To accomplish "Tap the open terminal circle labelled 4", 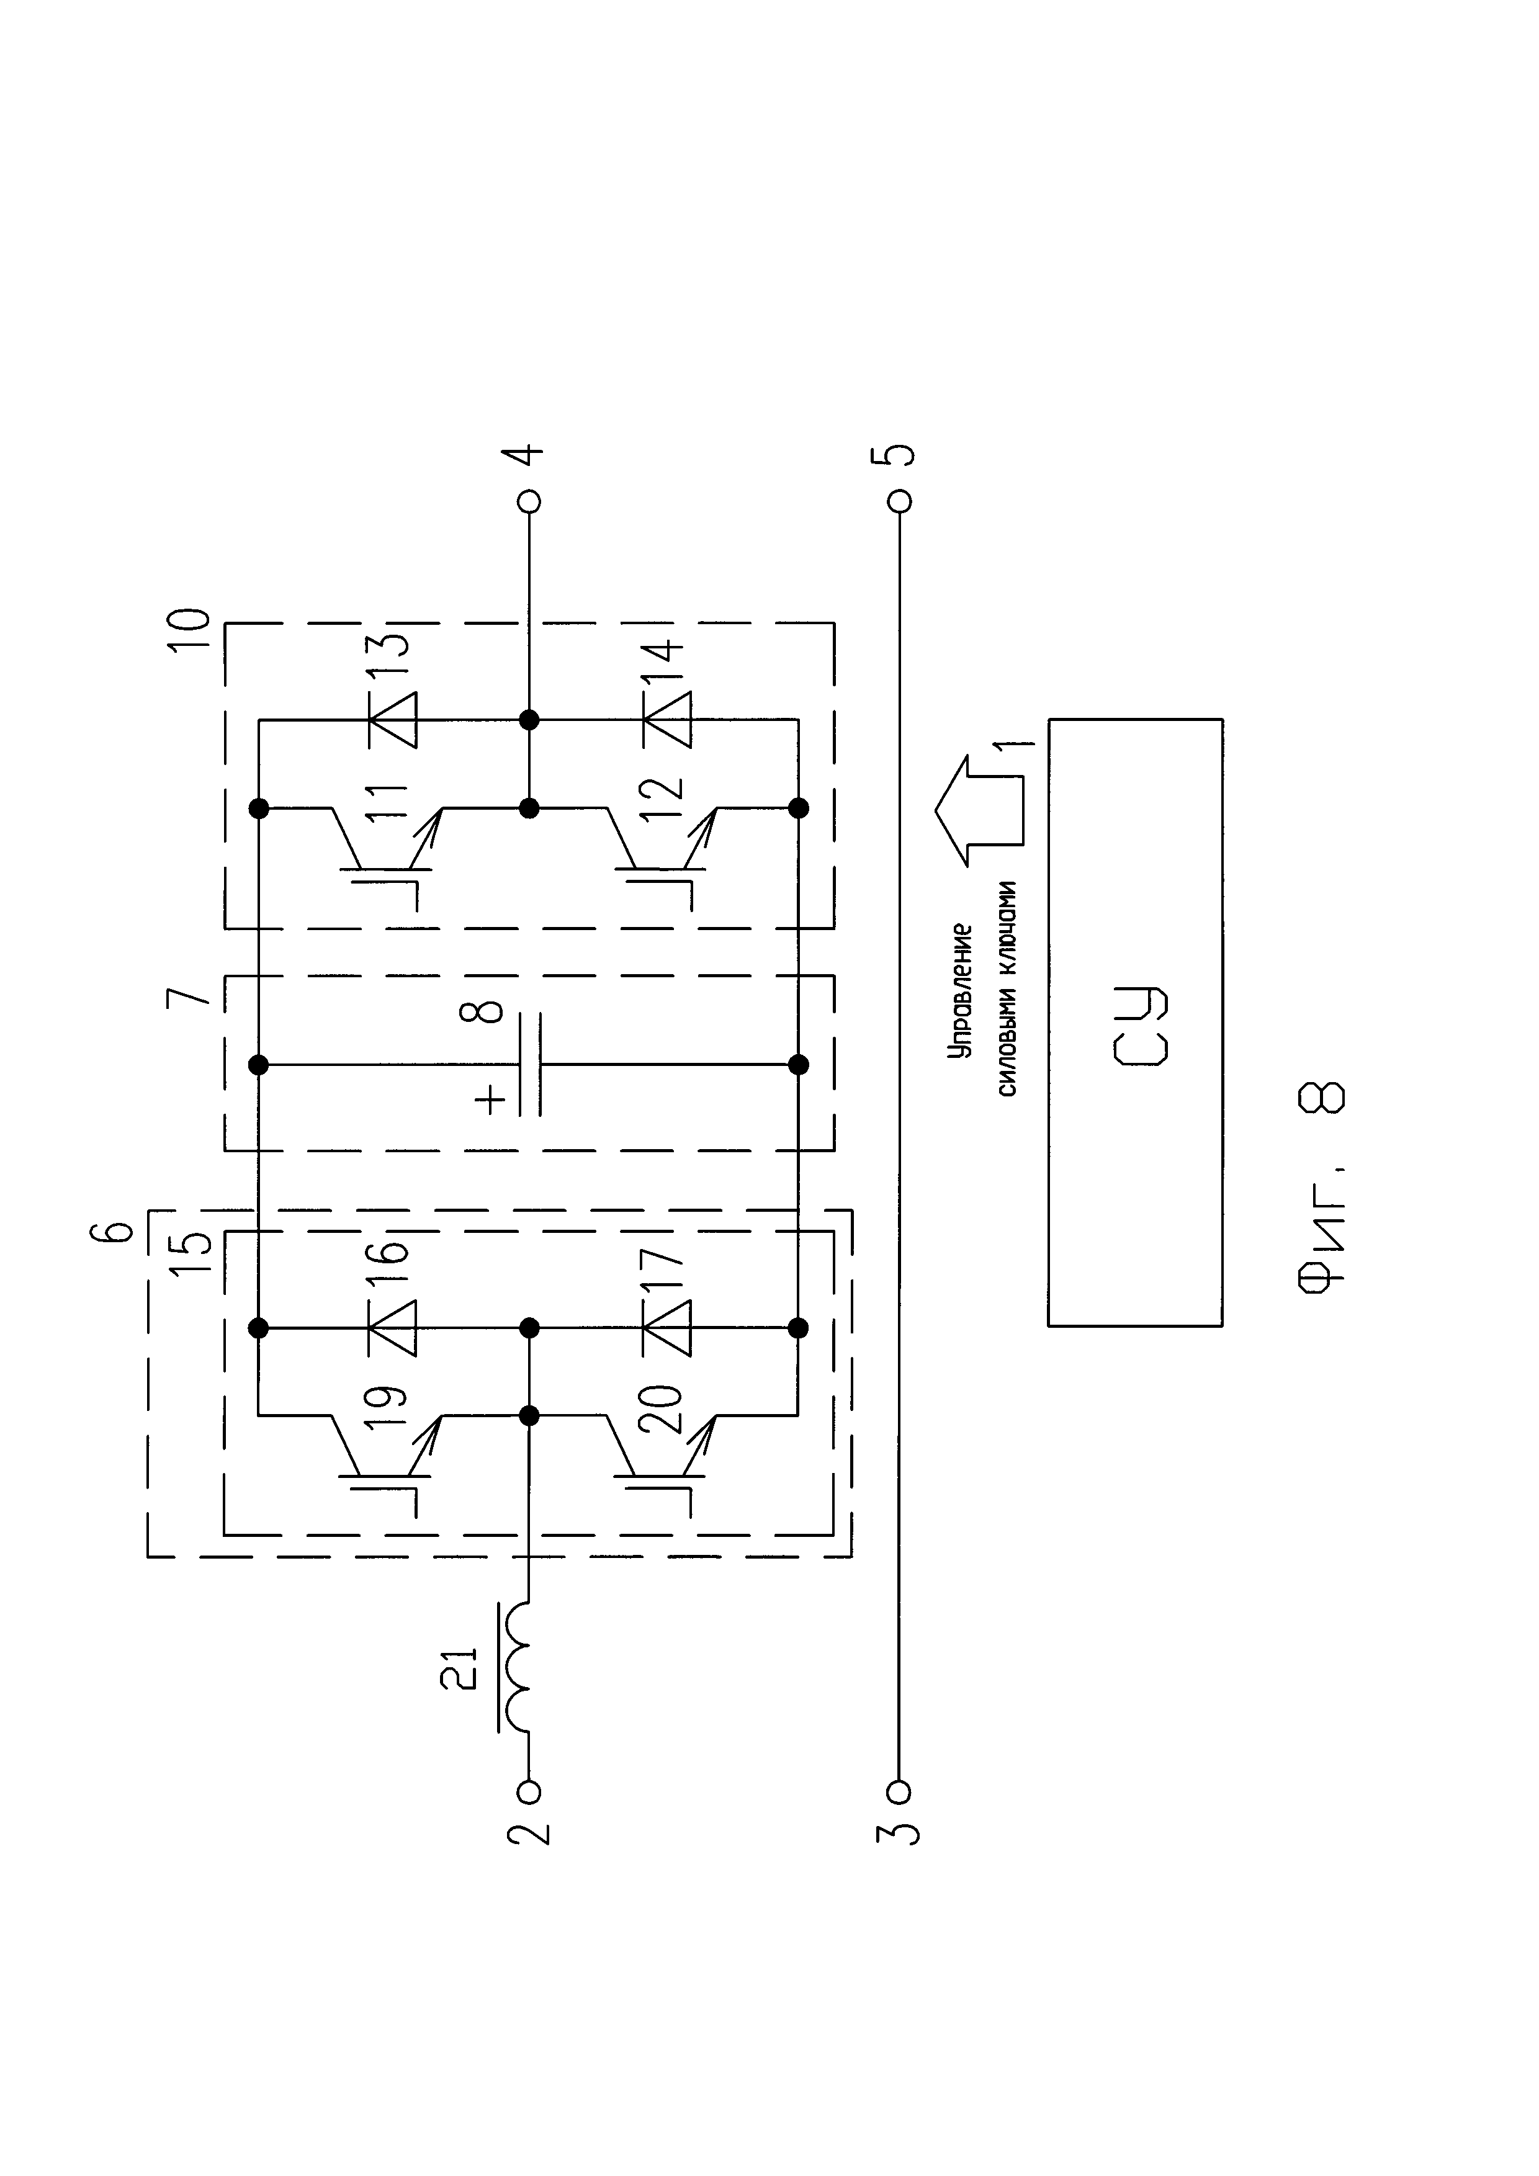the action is (530, 500).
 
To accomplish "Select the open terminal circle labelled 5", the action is (899, 500).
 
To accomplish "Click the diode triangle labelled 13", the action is (392, 720).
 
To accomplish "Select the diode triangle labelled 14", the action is (667, 720).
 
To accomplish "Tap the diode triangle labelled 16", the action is (392, 1328).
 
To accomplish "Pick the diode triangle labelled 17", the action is (667, 1328).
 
